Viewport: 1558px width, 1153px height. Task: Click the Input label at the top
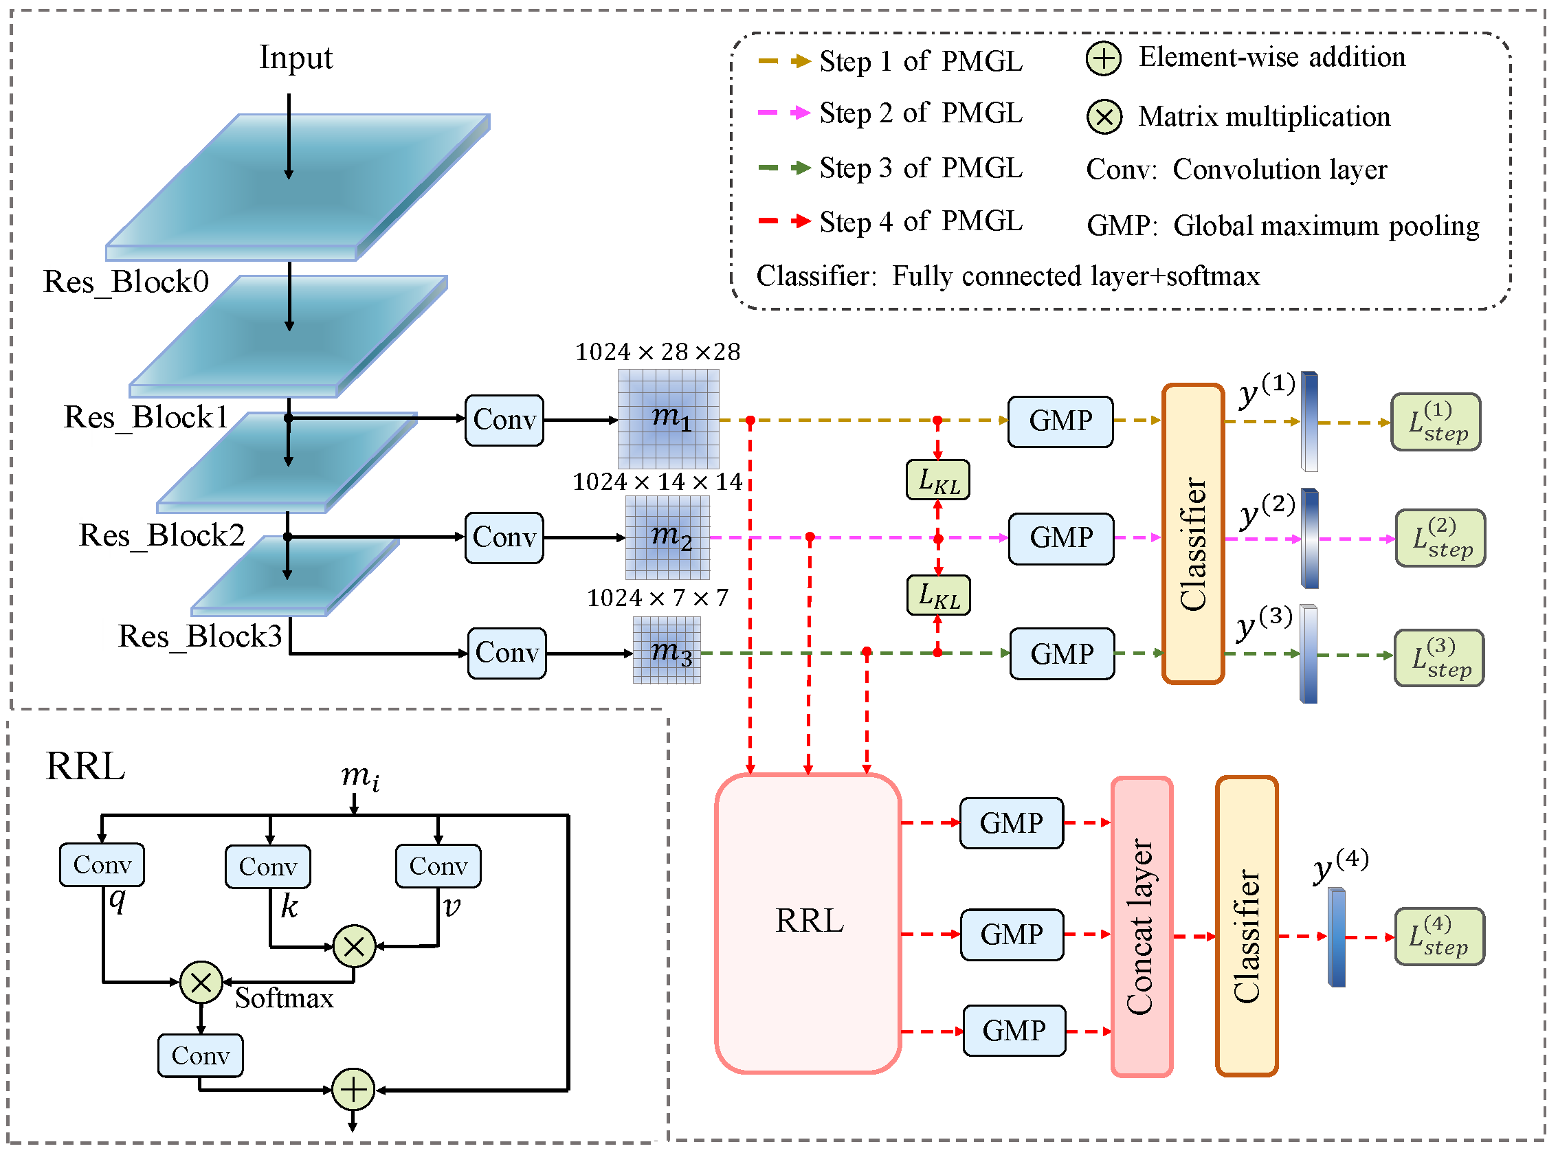(296, 57)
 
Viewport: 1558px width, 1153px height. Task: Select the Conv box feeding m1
(504, 420)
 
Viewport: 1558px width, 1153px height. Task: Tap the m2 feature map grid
(667, 537)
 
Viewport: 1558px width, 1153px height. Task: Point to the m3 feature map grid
(667, 651)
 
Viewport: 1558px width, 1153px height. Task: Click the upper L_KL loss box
(937, 480)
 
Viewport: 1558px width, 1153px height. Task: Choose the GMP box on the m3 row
(1062, 654)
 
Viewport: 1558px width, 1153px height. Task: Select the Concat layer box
(1142, 927)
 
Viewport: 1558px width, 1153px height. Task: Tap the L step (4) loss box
(1438, 937)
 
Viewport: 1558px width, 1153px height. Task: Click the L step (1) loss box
(1435, 423)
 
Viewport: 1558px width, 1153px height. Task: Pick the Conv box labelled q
(102, 864)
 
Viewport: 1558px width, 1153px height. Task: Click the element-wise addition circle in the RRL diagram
(353, 1090)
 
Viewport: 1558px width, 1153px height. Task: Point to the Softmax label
(284, 998)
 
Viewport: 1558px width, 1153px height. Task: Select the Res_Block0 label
(126, 282)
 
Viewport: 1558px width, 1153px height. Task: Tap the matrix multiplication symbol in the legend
(1104, 117)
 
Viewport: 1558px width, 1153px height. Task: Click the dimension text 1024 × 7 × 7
(658, 598)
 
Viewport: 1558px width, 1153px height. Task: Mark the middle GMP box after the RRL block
(1012, 934)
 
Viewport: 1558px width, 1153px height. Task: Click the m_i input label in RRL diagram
(360, 777)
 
